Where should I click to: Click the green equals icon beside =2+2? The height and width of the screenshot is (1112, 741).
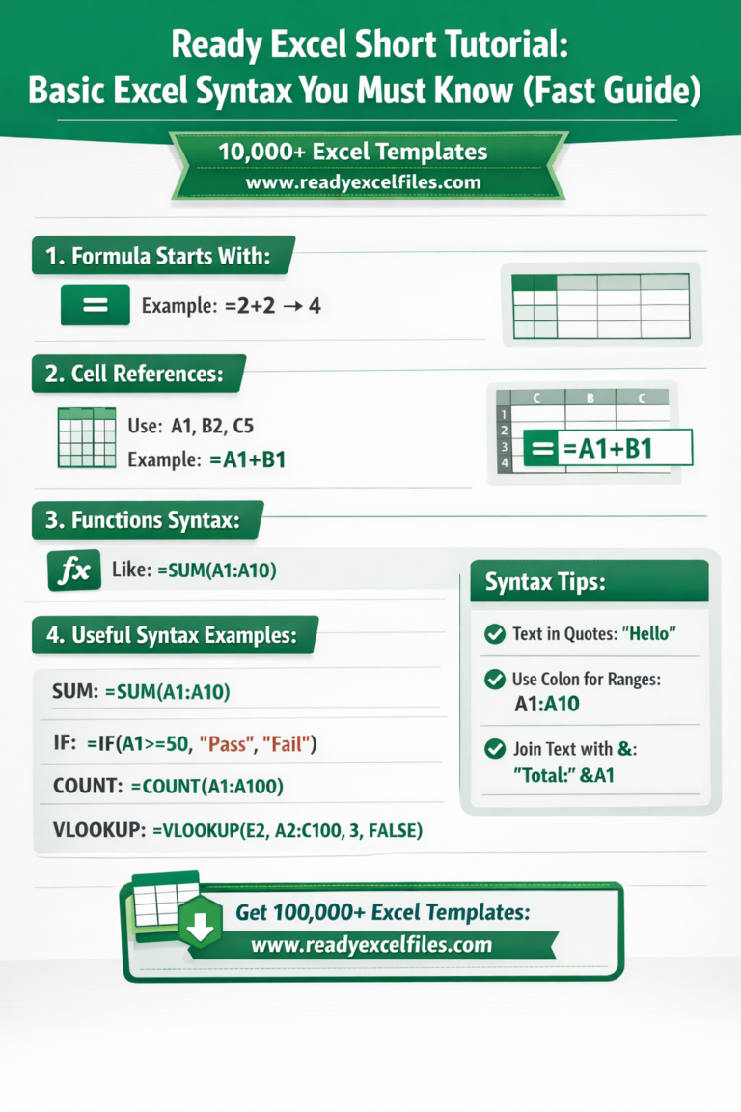(x=95, y=305)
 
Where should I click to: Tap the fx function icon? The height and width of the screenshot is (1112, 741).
(x=74, y=570)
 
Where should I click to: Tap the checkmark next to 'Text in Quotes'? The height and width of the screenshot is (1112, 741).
(x=494, y=634)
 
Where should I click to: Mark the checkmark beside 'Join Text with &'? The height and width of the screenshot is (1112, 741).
(x=494, y=748)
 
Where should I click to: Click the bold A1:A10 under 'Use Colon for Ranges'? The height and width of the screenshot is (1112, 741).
(x=547, y=704)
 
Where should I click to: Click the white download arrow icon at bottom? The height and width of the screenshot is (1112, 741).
(x=200, y=929)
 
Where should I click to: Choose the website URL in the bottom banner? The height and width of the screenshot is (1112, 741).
(x=371, y=945)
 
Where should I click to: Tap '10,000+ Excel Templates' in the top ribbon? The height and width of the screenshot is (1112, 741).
(x=352, y=153)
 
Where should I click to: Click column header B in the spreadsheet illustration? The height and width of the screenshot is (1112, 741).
(x=590, y=396)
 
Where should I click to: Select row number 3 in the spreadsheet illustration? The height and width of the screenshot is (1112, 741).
(x=503, y=448)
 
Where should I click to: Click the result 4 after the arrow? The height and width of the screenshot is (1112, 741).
(x=314, y=306)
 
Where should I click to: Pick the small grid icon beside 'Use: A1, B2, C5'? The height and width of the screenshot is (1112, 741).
(x=86, y=437)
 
